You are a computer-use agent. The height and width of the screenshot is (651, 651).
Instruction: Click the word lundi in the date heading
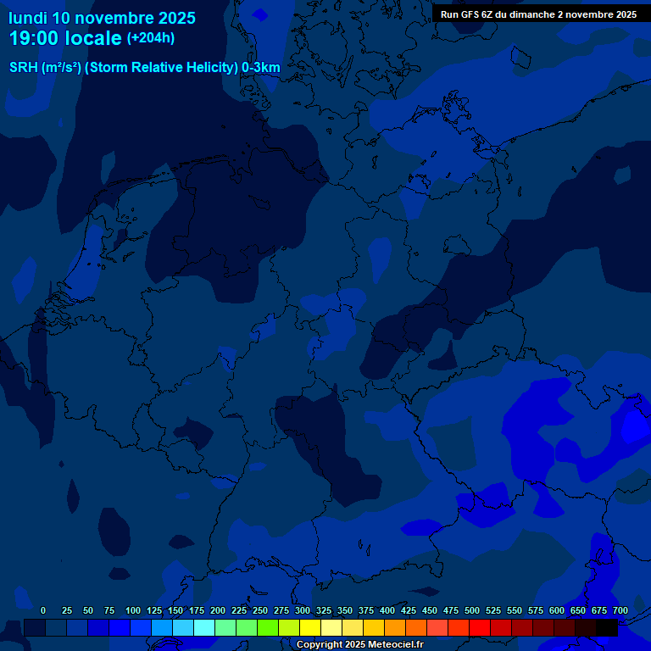pyautogui.click(x=28, y=18)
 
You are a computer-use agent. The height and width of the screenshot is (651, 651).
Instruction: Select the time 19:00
pyautogui.click(x=36, y=38)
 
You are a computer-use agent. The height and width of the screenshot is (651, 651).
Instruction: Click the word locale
pyautogui.click(x=95, y=38)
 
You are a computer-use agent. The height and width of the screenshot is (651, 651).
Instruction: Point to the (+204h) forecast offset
pyautogui.click(x=151, y=38)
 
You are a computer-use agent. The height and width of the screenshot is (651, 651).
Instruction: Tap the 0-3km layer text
pyautogui.click(x=261, y=68)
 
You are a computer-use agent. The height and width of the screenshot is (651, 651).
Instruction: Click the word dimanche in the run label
pyautogui.click(x=531, y=14)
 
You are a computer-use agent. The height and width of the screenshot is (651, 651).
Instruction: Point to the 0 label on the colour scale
pyautogui.click(x=43, y=610)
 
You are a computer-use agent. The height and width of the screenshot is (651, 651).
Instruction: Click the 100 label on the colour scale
pyautogui.click(x=133, y=610)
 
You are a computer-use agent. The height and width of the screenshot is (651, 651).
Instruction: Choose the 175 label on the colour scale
pyautogui.click(x=197, y=610)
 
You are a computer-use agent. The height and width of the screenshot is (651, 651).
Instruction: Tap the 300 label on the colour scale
pyautogui.click(x=303, y=610)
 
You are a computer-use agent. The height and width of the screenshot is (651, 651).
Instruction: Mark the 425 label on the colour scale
pyautogui.click(x=409, y=610)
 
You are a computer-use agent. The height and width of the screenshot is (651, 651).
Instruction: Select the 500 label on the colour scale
pyautogui.click(x=472, y=610)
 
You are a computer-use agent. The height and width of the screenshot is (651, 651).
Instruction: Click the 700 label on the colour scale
pyautogui.click(x=620, y=610)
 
